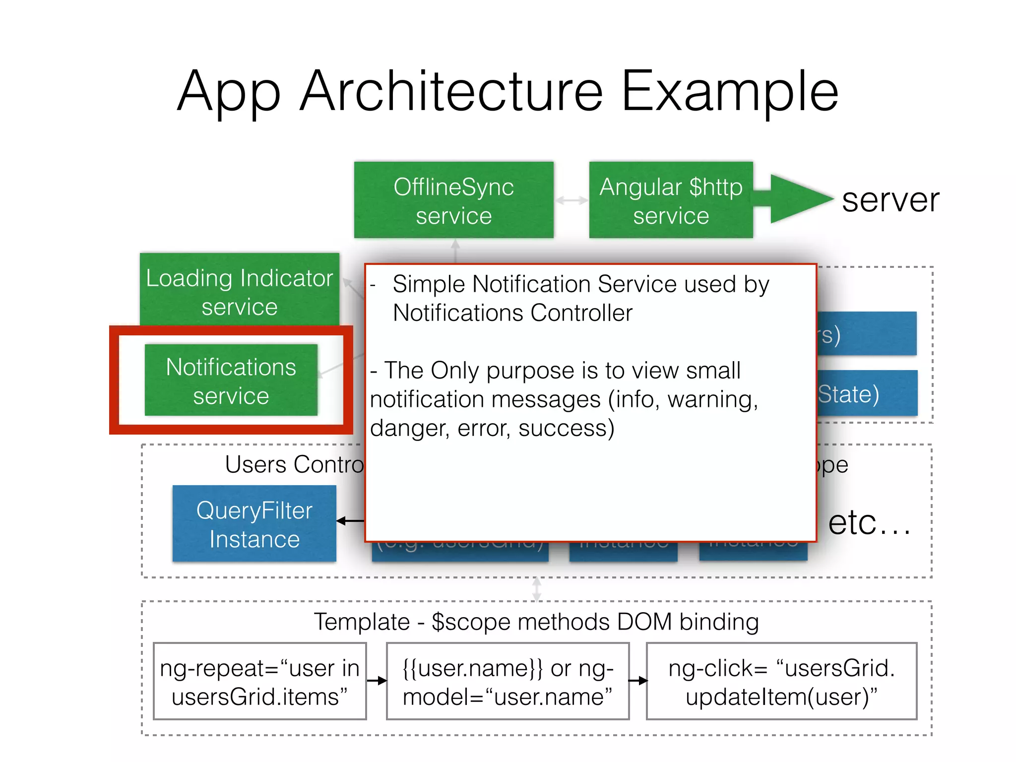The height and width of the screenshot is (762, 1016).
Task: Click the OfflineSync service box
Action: (x=453, y=200)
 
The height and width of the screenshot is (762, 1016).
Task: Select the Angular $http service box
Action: (x=671, y=200)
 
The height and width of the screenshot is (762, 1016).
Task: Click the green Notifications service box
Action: (x=231, y=381)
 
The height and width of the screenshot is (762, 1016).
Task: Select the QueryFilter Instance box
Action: (x=254, y=524)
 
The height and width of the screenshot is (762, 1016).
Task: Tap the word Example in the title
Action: (x=729, y=91)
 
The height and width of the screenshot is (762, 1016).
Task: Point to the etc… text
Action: (x=869, y=523)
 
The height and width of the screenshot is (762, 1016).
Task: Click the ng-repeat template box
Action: (x=259, y=682)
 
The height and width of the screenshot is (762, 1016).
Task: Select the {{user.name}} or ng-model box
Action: (x=508, y=682)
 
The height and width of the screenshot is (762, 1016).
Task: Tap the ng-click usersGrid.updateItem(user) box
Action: (x=781, y=682)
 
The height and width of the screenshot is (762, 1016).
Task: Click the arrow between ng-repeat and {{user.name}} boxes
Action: (x=377, y=681)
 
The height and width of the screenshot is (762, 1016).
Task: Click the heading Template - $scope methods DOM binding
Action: (x=536, y=622)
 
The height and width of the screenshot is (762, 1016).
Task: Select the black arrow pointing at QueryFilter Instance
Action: (x=350, y=521)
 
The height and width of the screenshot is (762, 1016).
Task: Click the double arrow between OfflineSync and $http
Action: (x=571, y=200)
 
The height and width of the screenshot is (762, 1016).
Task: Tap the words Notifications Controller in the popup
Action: (x=512, y=313)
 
